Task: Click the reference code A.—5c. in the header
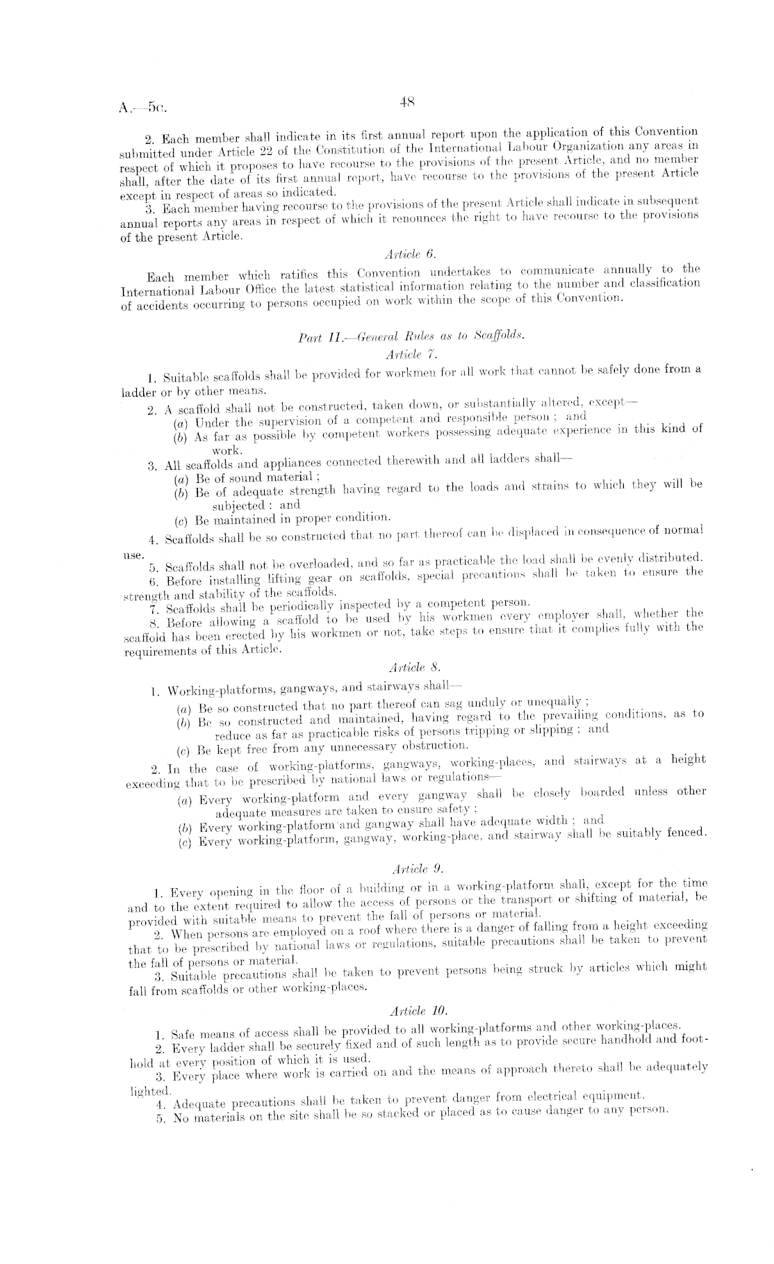[x=143, y=108]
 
